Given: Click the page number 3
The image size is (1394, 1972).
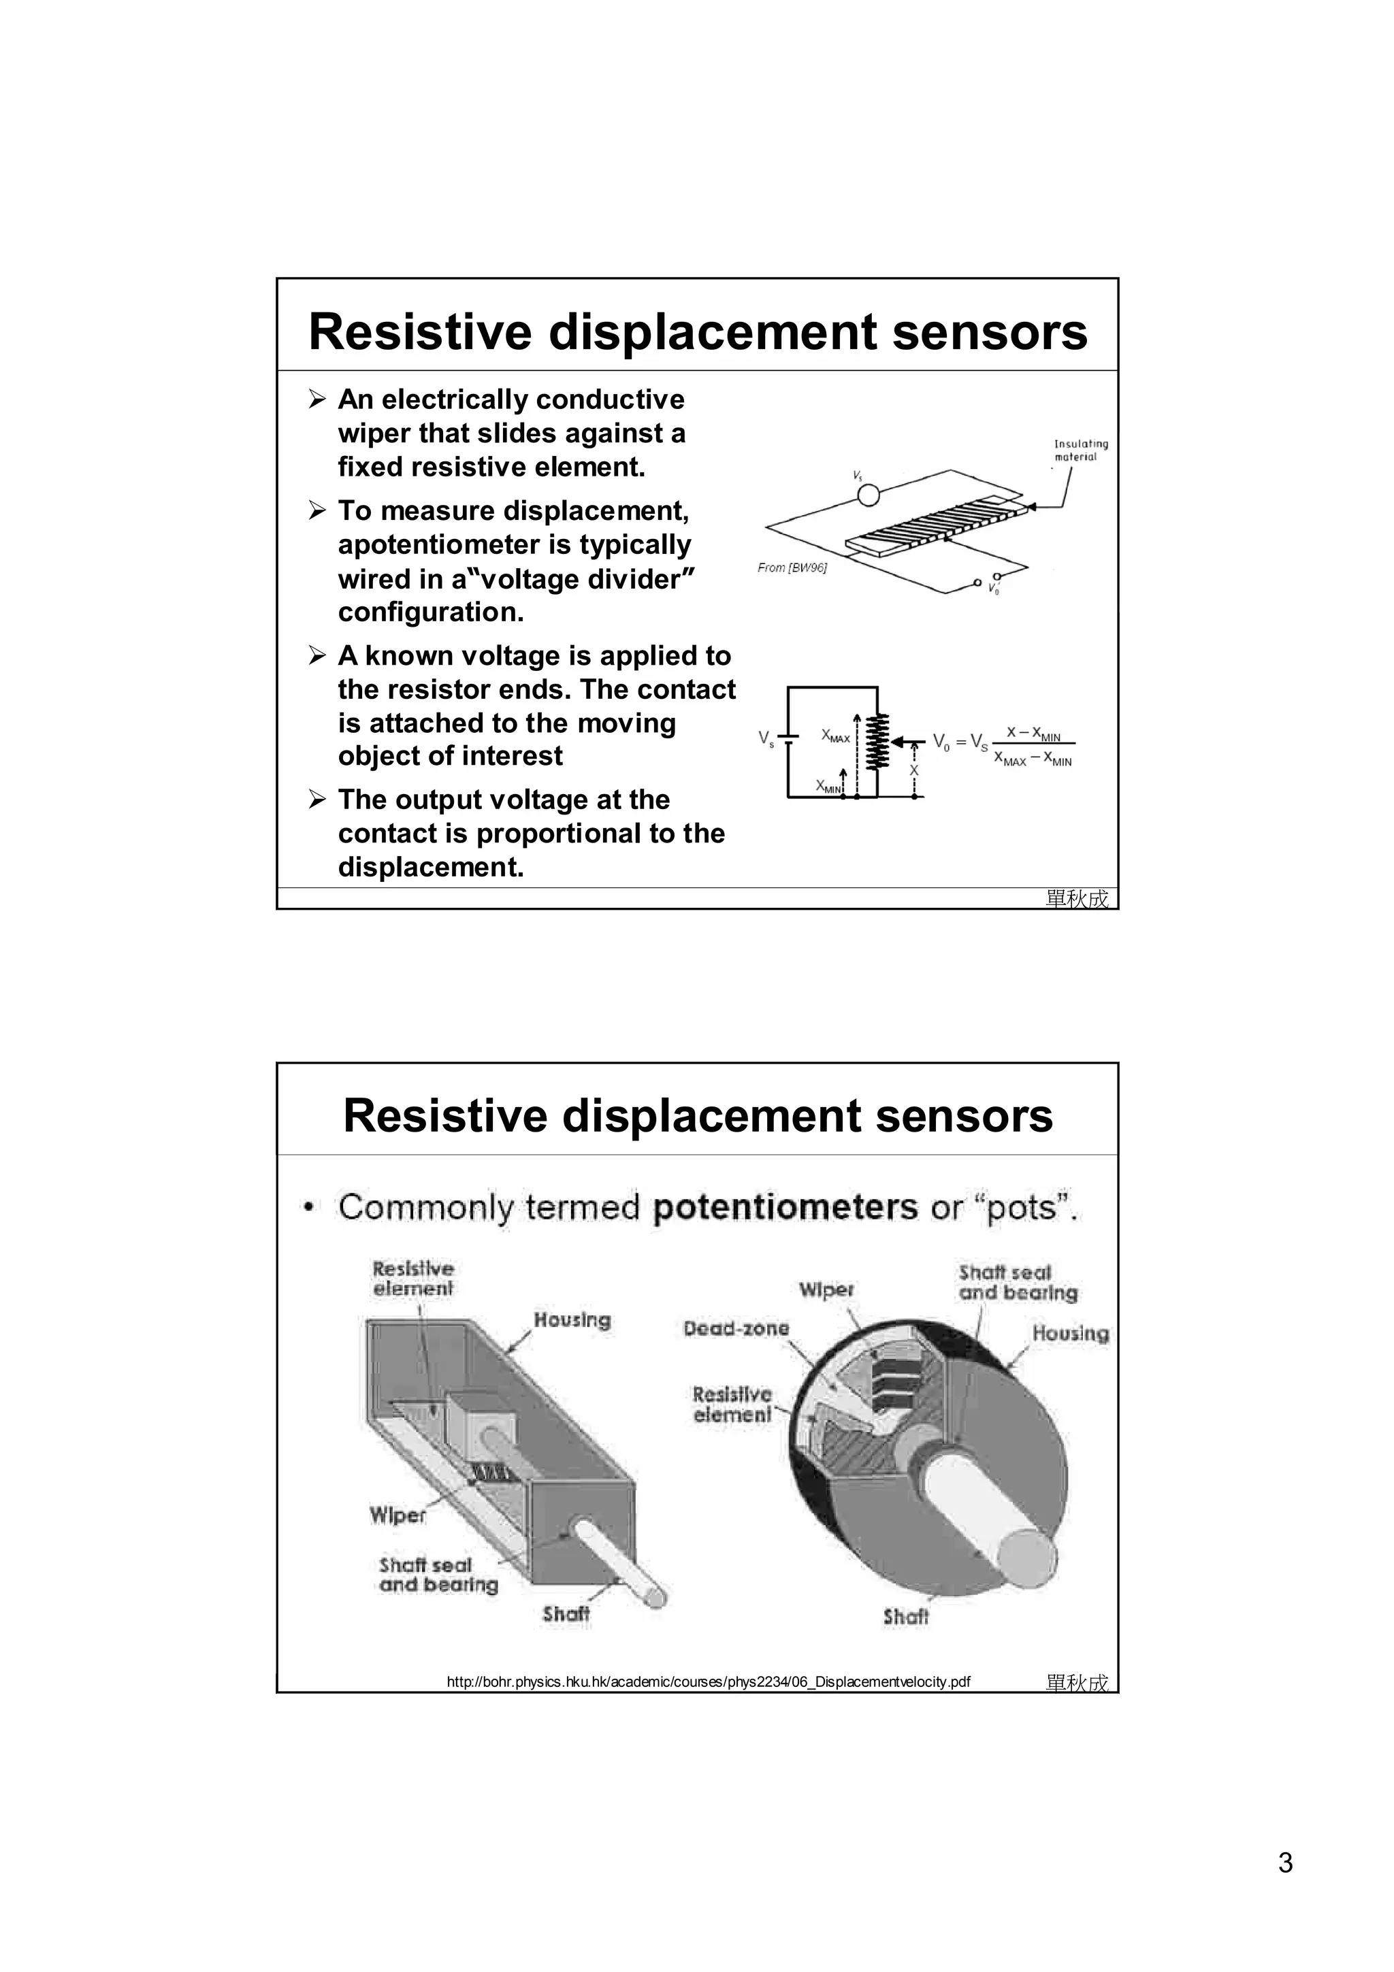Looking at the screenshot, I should click(x=1285, y=1863).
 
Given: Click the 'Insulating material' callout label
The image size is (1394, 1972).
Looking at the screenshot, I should click(x=1080, y=450).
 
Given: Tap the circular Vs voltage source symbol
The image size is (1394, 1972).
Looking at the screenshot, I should click(x=869, y=495).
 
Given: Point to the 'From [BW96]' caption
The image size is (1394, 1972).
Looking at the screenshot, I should click(x=792, y=568).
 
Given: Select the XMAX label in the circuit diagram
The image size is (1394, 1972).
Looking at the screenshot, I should click(x=835, y=736).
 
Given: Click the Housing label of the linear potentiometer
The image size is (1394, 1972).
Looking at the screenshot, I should click(x=572, y=1320).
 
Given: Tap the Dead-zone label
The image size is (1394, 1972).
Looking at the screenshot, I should click(x=736, y=1329).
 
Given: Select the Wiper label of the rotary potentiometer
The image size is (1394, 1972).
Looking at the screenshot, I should click(x=826, y=1290).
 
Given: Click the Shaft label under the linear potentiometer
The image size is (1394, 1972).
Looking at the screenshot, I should click(x=566, y=1614).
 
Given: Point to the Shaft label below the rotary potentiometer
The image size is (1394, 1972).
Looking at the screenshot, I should click(x=905, y=1616).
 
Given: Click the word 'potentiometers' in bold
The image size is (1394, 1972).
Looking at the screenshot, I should click(x=785, y=1208).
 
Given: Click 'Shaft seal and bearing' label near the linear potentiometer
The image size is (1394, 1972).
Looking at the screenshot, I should click(x=438, y=1575).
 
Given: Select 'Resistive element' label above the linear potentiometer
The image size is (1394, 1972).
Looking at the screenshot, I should click(x=413, y=1278).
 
